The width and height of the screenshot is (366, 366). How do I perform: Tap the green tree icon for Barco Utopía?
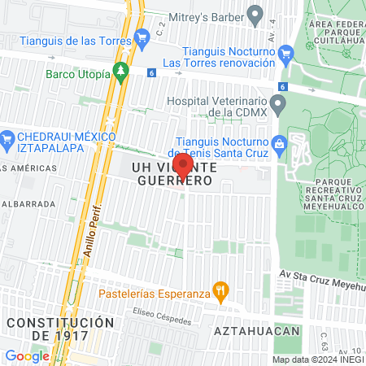[120, 72]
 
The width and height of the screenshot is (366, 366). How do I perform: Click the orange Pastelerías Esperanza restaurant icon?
[219, 289]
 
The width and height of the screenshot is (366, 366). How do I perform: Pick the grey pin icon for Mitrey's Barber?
[255, 14]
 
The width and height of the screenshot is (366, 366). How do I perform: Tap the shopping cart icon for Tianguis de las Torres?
[142, 36]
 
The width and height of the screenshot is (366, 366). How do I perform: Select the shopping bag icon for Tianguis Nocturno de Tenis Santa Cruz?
[279, 143]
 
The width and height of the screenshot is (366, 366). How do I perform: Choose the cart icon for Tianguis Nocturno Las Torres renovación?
[285, 53]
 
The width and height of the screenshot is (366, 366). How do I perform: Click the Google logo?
[27, 355]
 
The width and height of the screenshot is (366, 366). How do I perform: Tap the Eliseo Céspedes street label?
[159, 312]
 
